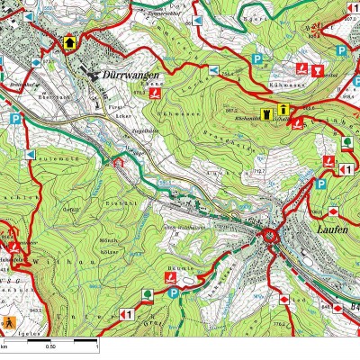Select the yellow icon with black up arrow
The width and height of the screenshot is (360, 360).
point(69,41)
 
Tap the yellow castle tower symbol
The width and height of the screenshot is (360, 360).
point(266,112)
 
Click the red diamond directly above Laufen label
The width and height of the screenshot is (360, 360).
point(332,211)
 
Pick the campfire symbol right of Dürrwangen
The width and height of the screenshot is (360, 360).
point(156,93)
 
